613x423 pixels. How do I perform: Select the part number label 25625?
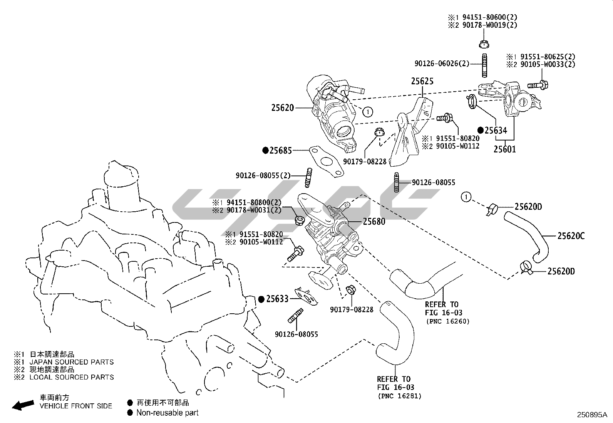coord(422,81)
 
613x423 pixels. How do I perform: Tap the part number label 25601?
coord(504,149)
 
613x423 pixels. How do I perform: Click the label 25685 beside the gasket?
coord(281,150)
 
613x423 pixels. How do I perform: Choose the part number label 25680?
coord(374,221)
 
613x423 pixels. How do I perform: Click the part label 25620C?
coord(571,236)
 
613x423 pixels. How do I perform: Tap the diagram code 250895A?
coord(592,415)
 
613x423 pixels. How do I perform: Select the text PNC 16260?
coord(448,321)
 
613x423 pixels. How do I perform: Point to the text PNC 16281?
coord(399,396)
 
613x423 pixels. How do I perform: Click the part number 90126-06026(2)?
coord(442,64)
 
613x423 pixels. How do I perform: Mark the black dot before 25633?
coord(261,299)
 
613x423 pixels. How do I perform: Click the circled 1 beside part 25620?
coord(368,112)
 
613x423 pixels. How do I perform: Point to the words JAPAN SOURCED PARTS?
coord(72,362)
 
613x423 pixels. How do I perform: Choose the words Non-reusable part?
coord(167,413)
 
